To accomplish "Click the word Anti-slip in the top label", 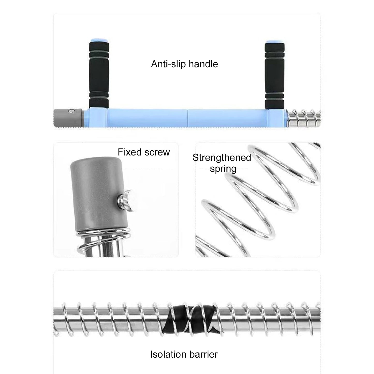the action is [168, 64].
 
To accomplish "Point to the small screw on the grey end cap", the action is [72, 111].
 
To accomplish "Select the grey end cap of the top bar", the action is [68, 118].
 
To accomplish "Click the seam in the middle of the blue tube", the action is [187, 118].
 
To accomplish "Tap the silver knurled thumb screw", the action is [126, 201].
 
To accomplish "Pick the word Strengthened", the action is [222, 157].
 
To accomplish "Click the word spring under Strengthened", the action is [223, 169].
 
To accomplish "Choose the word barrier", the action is [203, 354].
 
